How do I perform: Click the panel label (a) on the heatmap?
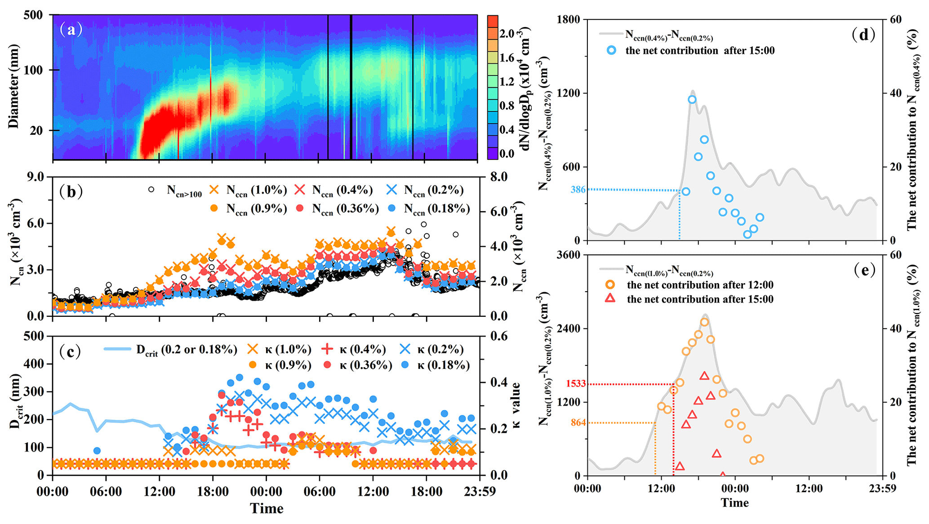(71, 30)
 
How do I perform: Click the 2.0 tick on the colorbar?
(507, 34)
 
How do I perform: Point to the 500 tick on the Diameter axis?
(33, 15)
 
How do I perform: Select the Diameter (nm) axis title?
(13, 86)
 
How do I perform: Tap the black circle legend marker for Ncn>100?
(151, 190)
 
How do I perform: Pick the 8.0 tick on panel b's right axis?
(498, 177)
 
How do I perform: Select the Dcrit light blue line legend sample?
(118, 349)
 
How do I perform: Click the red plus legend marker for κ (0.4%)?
(328, 349)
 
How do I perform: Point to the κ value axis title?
(516, 405)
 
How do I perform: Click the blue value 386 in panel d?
(578, 190)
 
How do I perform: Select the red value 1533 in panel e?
(576, 384)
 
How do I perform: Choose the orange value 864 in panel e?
(578, 422)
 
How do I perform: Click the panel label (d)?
(863, 35)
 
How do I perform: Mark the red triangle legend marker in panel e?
(610, 298)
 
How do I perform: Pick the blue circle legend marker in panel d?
(611, 50)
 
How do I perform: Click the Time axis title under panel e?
(735, 502)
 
